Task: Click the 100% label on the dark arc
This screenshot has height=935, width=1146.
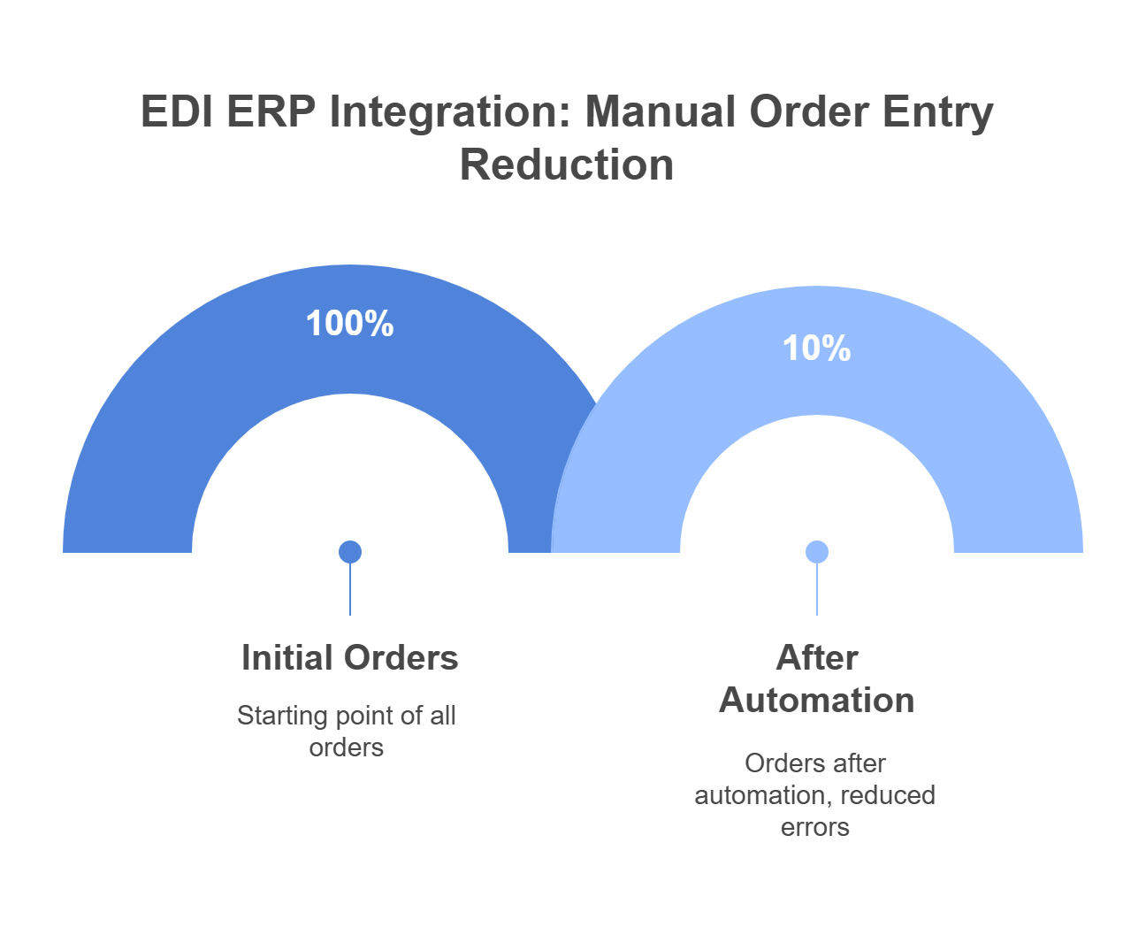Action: tap(350, 324)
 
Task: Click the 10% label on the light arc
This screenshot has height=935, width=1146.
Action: tap(816, 349)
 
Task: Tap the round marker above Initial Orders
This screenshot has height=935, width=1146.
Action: tap(350, 552)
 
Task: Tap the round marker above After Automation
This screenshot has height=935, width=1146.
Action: tap(817, 552)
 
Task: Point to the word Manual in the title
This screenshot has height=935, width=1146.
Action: tap(661, 112)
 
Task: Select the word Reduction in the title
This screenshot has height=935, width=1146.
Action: tap(567, 165)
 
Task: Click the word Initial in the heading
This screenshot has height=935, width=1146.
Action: tap(286, 658)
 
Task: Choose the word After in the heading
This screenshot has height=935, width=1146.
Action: tap(817, 658)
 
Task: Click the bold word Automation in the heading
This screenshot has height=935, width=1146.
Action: tap(816, 701)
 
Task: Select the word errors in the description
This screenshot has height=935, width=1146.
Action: tap(814, 827)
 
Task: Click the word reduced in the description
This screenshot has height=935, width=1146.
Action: tap(888, 795)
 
